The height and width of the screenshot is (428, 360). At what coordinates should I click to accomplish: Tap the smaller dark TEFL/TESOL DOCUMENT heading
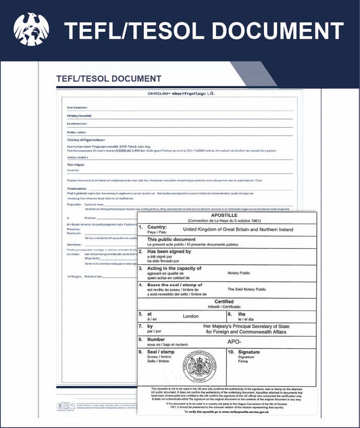109,79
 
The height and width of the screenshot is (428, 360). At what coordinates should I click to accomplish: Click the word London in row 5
191,316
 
